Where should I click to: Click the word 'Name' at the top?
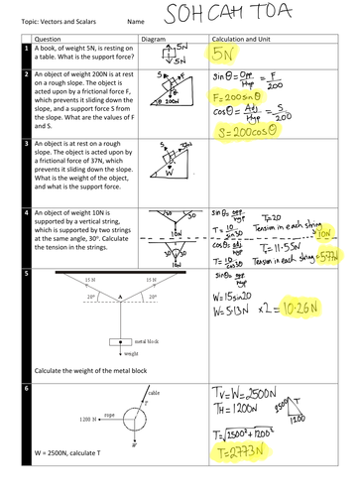click(x=138, y=19)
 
